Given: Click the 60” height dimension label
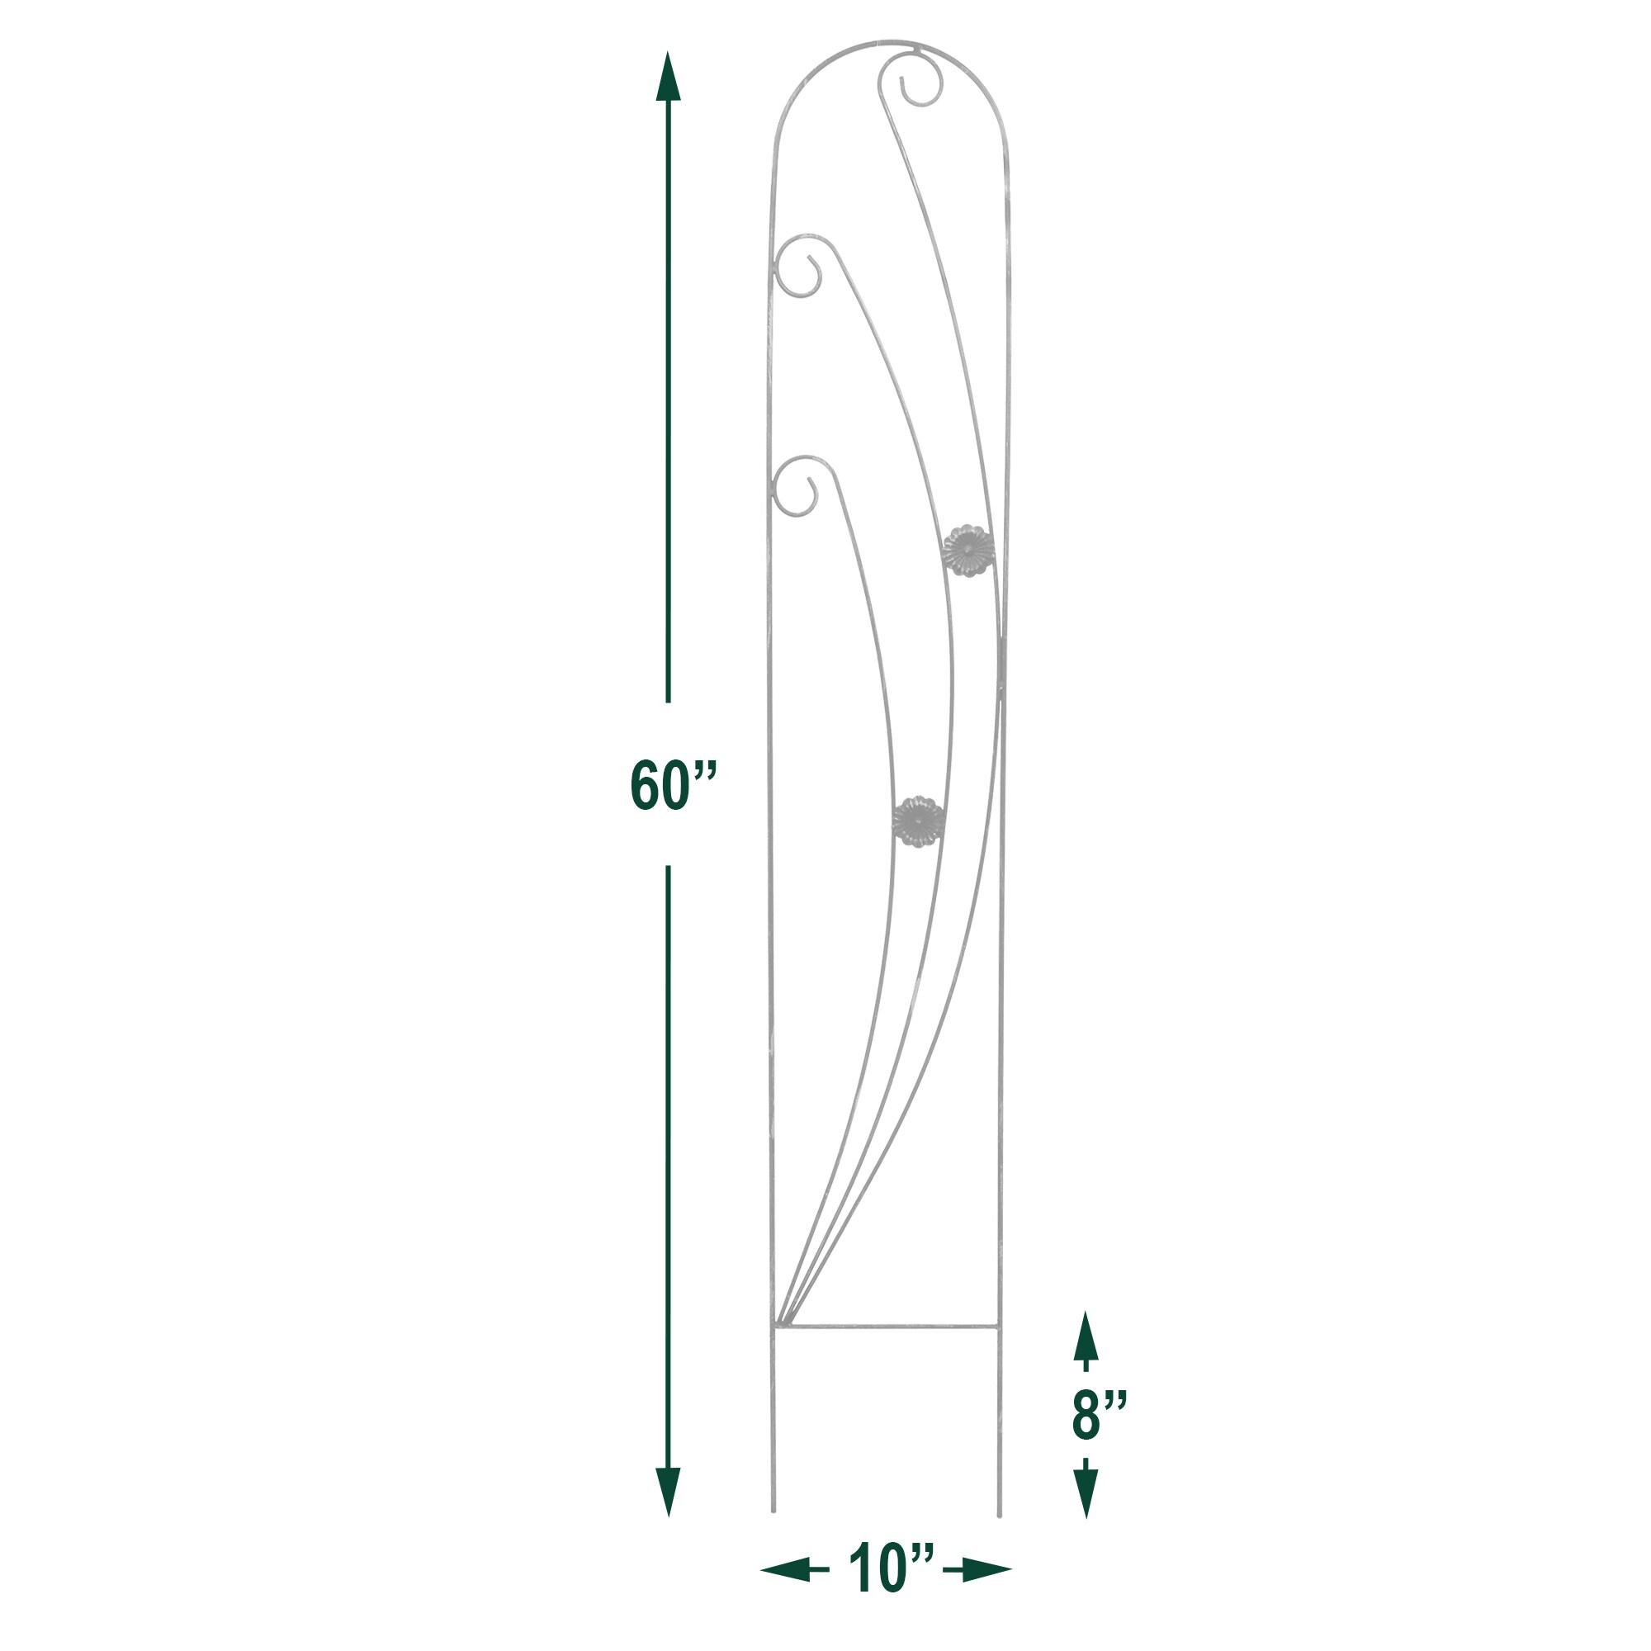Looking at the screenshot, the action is [x=673, y=783].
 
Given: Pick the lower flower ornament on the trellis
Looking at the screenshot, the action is [x=918, y=821].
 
